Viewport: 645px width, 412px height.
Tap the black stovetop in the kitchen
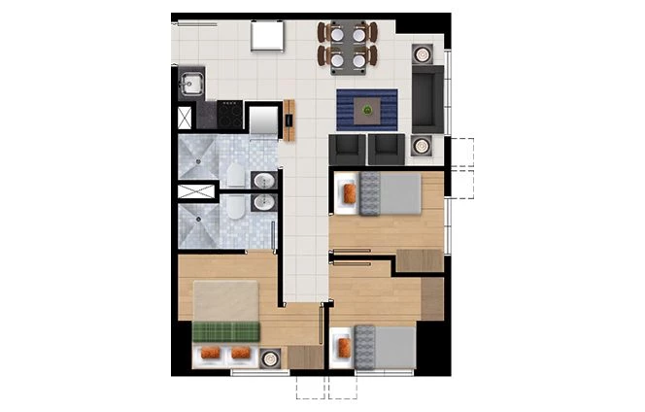(230, 116)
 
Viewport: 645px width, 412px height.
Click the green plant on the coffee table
(366, 110)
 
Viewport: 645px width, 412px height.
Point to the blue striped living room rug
(366, 109)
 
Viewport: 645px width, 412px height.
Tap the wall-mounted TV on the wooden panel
(289, 120)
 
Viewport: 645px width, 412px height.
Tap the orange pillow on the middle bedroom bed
(348, 194)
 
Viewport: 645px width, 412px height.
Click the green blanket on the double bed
(226, 330)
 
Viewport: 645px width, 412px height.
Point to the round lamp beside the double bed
(269, 358)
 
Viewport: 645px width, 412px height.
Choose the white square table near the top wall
(267, 36)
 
